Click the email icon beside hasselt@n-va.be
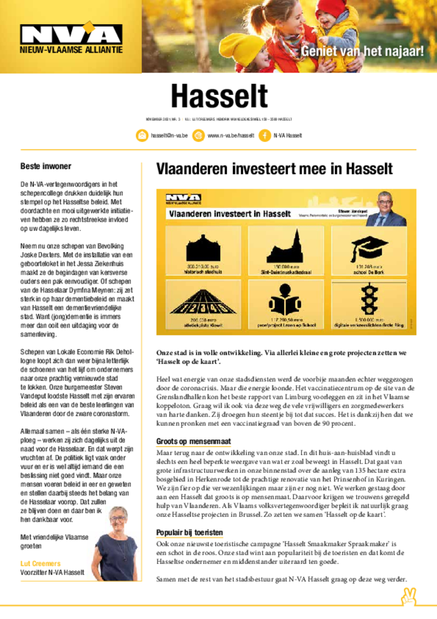coord(142,136)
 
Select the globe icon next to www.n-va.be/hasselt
coord(199,136)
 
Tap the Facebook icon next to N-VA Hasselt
coord(264,136)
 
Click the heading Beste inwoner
coord(46,166)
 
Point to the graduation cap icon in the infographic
coord(369,248)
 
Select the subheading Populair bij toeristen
coord(190,533)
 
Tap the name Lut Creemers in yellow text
coord(40,563)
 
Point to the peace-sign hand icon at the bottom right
coord(409,597)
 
